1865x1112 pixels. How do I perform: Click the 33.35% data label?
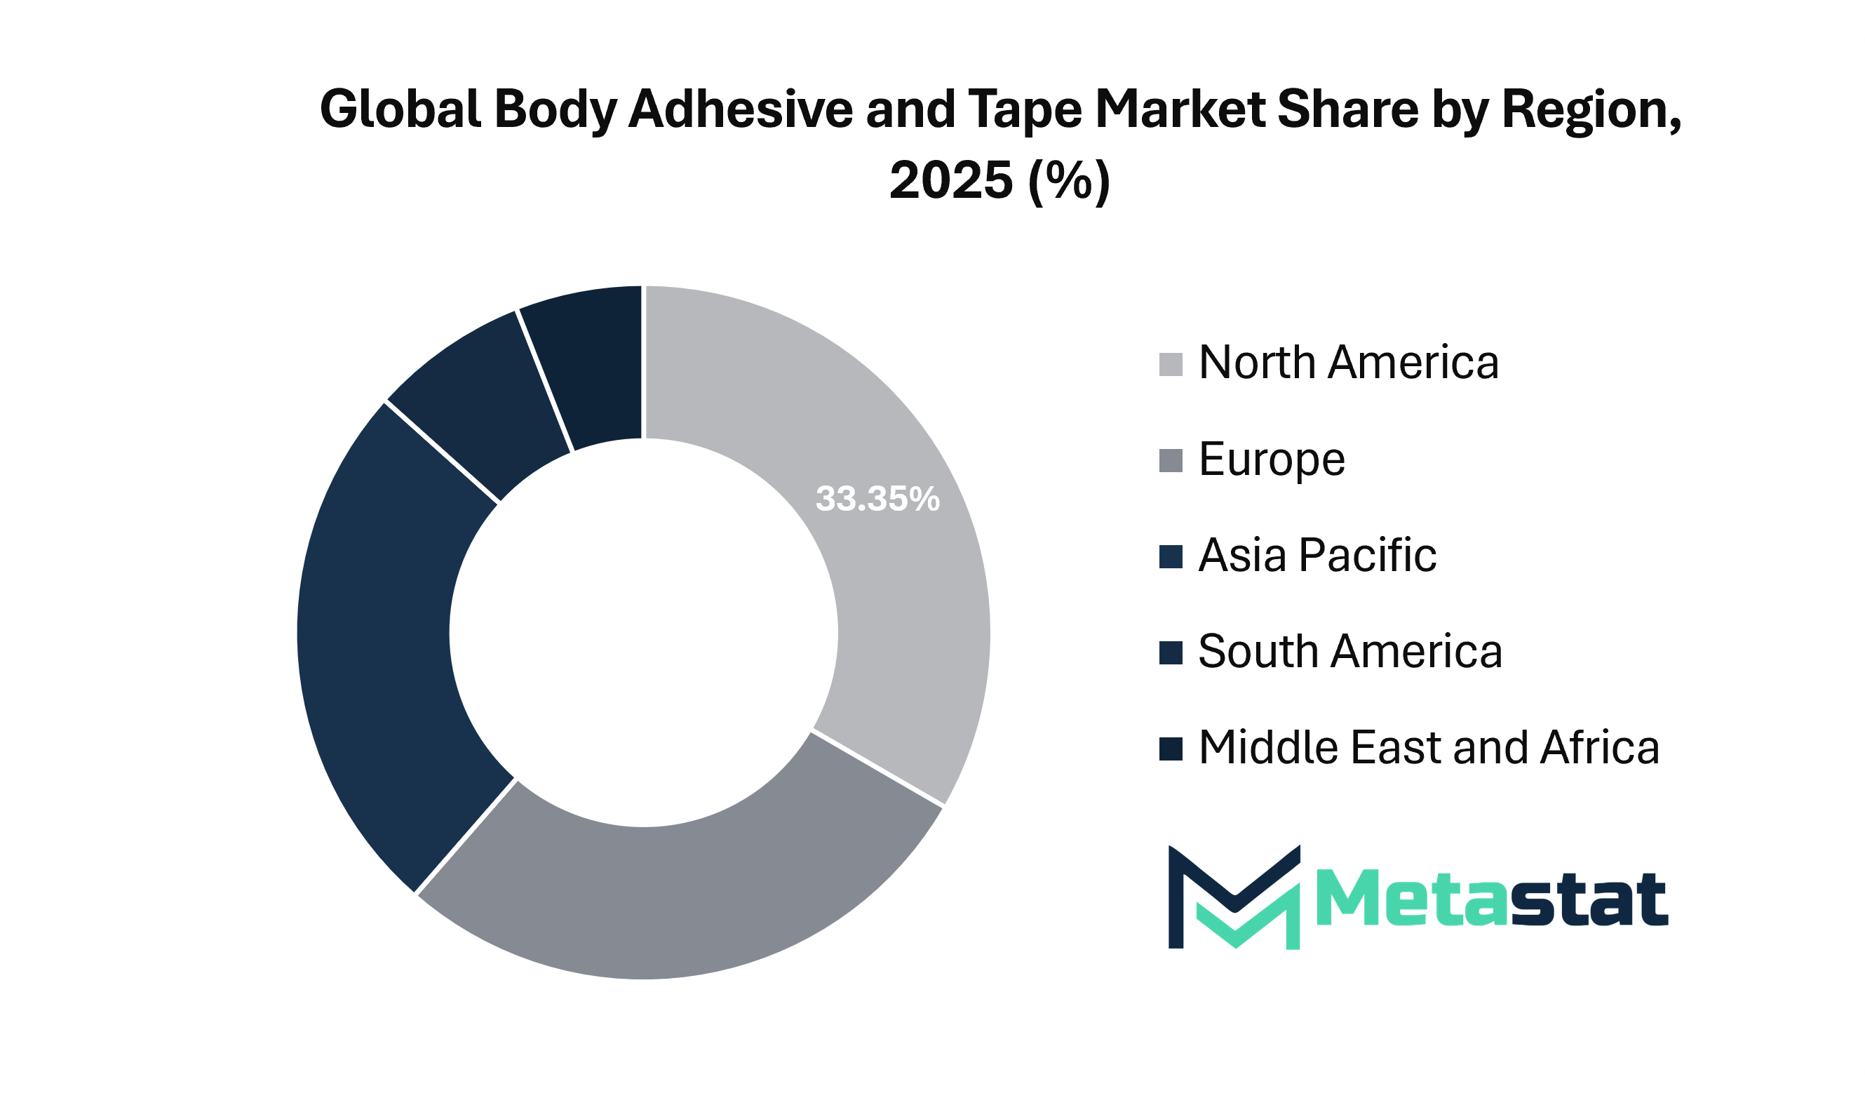tap(877, 499)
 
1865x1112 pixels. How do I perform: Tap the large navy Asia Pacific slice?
tap(375, 645)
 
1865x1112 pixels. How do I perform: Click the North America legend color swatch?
tap(1171, 365)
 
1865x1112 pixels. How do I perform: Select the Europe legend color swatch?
tap(1171, 461)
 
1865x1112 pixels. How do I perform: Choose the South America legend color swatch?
tap(1171, 652)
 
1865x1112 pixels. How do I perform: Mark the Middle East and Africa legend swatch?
tap(1171, 749)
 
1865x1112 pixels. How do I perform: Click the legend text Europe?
tap(1272, 460)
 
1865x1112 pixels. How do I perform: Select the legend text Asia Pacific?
tap(1317, 555)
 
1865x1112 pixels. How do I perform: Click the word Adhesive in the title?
tap(740, 109)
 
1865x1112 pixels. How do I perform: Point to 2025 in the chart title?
tap(950, 180)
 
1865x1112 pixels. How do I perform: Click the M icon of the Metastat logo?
tap(1234, 897)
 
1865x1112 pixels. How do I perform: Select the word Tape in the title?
tap(1025, 109)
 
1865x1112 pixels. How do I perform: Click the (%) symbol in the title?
tap(1069, 180)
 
